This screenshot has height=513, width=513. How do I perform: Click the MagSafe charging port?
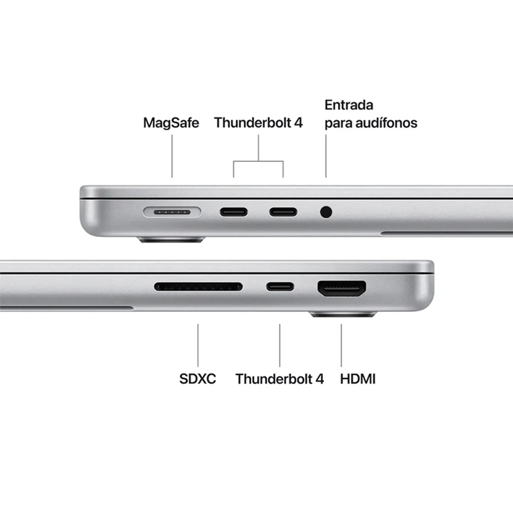[x=172, y=212]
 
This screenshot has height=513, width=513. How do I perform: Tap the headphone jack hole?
[x=326, y=212]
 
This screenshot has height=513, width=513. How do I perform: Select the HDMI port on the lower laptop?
[x=342, y=289]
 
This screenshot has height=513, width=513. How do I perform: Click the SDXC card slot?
[x=198, y=286]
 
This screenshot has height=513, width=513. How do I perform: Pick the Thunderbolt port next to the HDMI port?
[x=280, y=286]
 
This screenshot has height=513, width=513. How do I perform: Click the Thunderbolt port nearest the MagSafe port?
[x=233, y=212]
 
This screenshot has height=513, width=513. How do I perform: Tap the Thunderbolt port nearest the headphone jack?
[x=283, y=212]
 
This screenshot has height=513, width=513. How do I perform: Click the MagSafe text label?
[x=171, y=123]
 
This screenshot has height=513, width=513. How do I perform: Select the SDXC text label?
[x=197, y=379]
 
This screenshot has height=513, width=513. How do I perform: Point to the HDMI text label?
[x=358, y=379]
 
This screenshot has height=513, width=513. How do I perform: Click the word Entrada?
[x=349, y=105]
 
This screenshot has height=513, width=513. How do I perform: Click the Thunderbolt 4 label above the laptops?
[x=258, y=123]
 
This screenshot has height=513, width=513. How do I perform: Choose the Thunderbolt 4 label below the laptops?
[x=280, y=379]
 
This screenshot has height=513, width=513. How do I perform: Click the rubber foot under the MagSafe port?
[x=171, y=240]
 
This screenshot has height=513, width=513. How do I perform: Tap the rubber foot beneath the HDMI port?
[x=343, y=314]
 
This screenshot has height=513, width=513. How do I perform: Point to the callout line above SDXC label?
[x=198, y=345]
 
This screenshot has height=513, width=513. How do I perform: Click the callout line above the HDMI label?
[x=341, y=345]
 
